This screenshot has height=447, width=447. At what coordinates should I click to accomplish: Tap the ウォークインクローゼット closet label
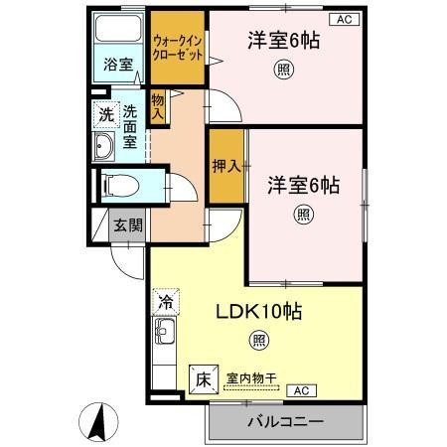[178, 49]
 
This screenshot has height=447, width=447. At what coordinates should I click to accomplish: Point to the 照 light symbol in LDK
[258, 342]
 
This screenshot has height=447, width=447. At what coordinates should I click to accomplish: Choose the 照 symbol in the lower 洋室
[302, 213]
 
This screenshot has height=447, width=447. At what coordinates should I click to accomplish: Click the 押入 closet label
[225, 166]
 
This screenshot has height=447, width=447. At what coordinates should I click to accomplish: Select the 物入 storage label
[157, 106]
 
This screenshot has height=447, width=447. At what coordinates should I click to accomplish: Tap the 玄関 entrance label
[127, 224]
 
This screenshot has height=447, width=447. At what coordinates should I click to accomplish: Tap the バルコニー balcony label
[284, 422]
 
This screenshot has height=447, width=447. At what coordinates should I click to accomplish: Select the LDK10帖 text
[259, 311]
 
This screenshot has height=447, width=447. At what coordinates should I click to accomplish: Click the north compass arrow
[98, 421]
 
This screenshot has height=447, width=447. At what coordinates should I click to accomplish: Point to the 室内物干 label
[251, 374]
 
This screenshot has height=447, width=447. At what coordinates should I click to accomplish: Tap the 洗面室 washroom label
[129, 126]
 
